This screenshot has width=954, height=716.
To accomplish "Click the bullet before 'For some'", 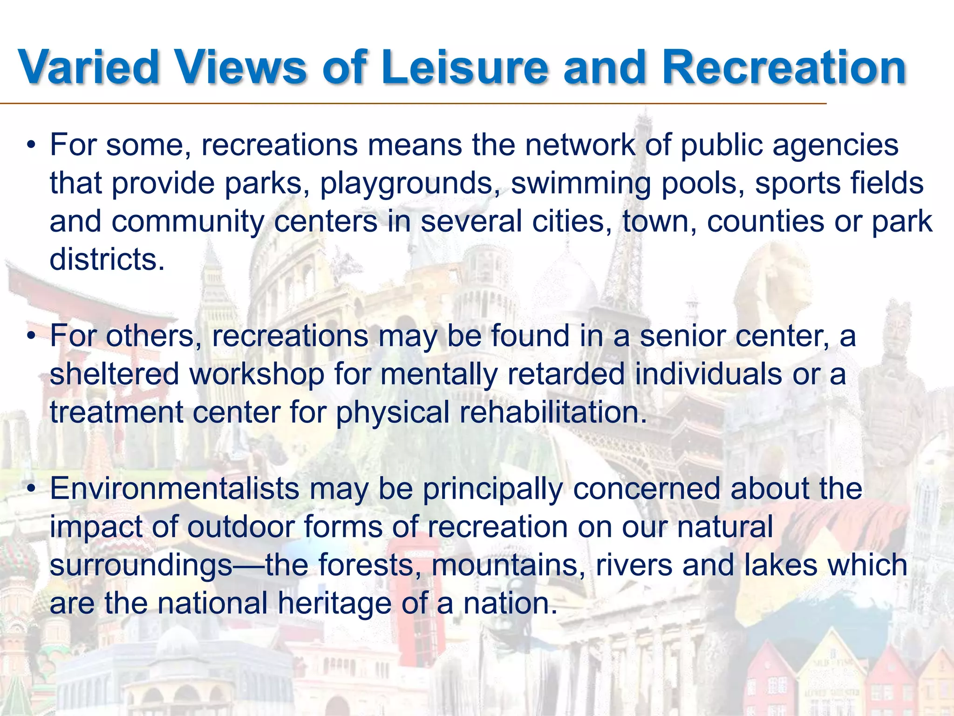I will tap(31, 145).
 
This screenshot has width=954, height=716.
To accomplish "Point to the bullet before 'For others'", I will tap(31, 336).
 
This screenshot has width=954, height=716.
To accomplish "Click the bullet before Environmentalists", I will tap(31, 489).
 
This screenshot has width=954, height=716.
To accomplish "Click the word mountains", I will tap(507, 565).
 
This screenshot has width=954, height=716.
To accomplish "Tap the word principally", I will tap(492, 489).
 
